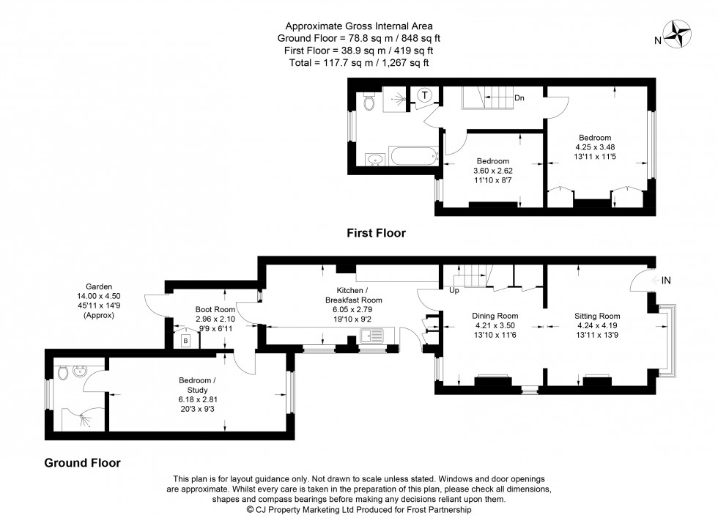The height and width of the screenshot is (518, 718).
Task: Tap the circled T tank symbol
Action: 423,95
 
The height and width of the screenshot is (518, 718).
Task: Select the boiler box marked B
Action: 185,341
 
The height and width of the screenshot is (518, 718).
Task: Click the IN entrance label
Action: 666,281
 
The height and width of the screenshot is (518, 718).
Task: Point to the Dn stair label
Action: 519,97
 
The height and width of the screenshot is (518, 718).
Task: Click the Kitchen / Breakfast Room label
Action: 352,295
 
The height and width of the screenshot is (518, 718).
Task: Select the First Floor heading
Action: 376,233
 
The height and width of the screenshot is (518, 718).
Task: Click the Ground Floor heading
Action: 82,462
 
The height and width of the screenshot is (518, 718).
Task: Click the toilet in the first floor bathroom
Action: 369,103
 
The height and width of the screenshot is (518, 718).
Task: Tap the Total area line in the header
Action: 359,63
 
